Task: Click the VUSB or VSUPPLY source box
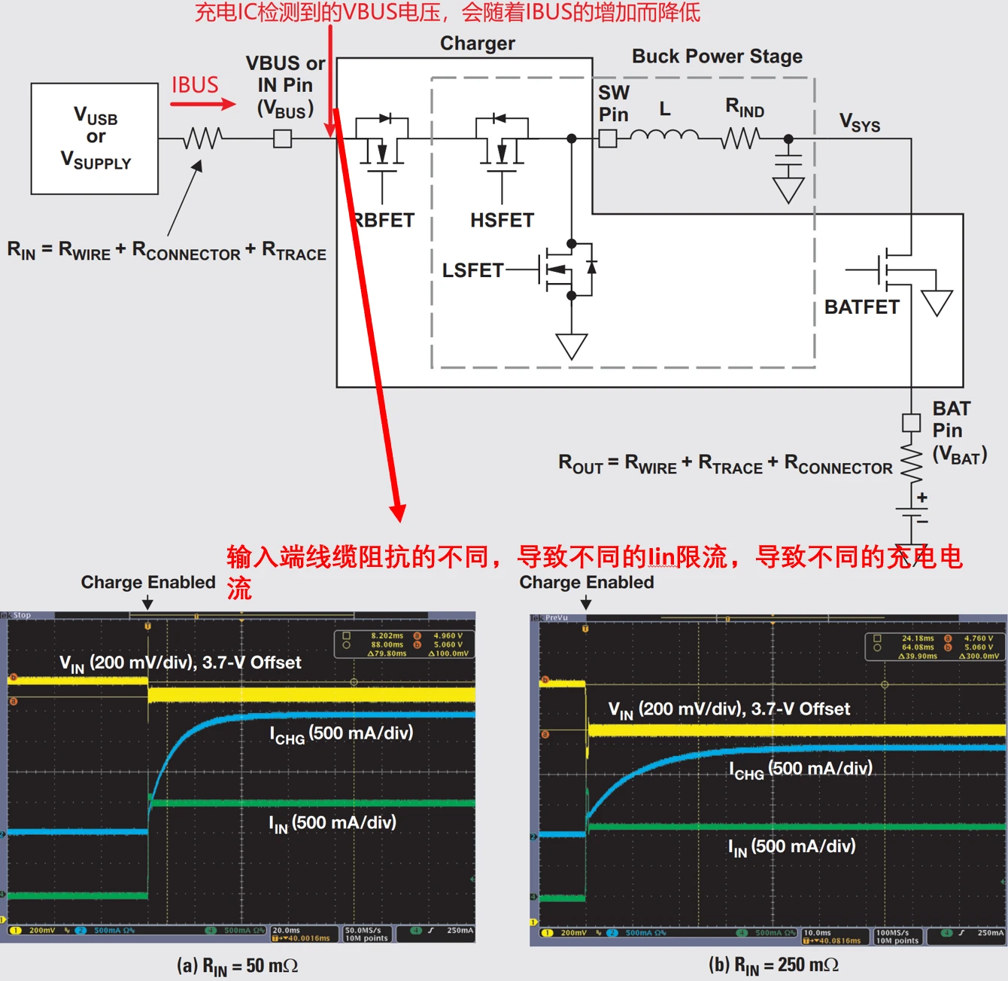tap(95, 139)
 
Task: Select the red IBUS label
tap(195, 85)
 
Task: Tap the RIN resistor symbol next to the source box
tap(202, 139)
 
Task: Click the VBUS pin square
tap(282, 139)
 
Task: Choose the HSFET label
tap(502, 220)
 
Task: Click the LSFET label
tap(472, 270)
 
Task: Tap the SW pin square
tap(608, 139)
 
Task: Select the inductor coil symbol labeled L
tap(664, 136)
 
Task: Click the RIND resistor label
tap(745, 108)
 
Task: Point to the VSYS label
tap(860, 122)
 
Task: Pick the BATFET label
tap(862, 306)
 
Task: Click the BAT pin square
tap(911, 422)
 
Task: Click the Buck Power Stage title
tap(717, 56)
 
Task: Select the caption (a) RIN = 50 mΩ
tap(238, 966)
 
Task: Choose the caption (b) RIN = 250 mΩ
tap(773, 965)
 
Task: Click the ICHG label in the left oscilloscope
tap(342, 734)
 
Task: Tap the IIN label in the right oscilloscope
tap(792, 847)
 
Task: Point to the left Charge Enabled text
tap(148, 582)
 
